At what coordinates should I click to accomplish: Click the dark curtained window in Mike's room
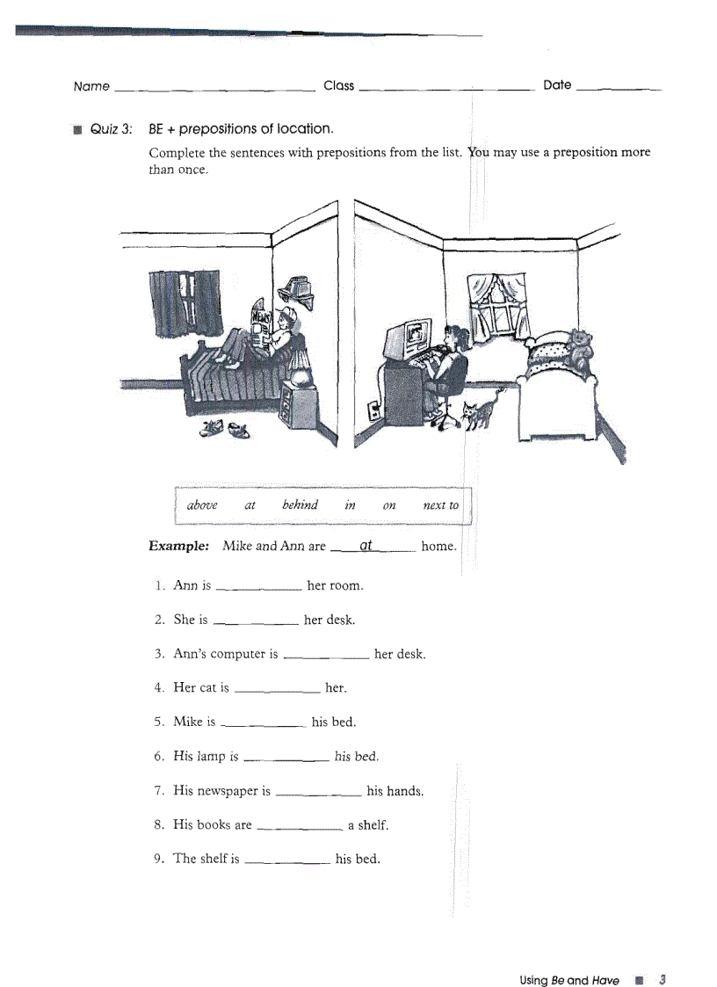coord(184,302)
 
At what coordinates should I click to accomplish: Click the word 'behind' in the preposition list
coord(300,505)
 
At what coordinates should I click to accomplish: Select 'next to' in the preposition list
coord(440,505)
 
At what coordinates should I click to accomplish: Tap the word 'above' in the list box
coord(202,505)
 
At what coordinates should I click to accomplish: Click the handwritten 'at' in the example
coord(366,545)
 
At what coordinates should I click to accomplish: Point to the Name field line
coord(214,90)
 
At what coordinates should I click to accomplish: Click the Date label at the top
coord(557,85)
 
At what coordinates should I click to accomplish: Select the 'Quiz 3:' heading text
coord(112,129)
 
